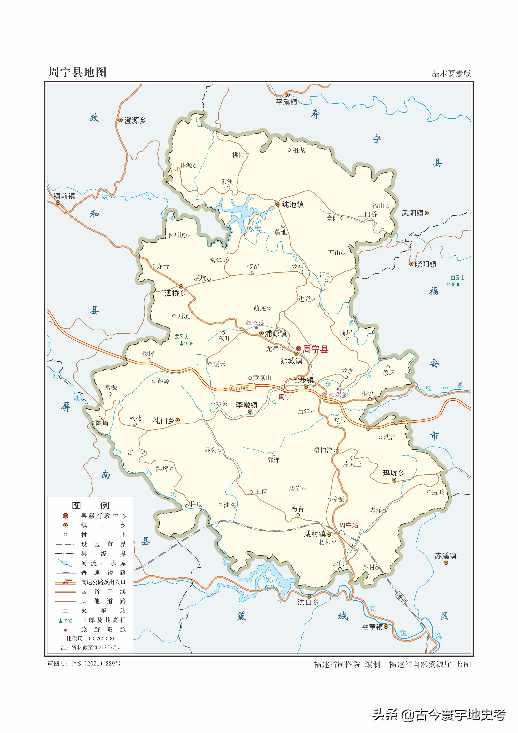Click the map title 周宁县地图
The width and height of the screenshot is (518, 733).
pos(77,72)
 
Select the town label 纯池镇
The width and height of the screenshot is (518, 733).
pos(293,204)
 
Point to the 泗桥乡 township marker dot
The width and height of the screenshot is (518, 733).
pos(181,286)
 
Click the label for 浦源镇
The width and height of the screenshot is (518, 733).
pos(276,334)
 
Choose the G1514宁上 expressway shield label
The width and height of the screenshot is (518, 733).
pos(243,388)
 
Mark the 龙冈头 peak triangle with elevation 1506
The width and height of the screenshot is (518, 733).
pos(181,344)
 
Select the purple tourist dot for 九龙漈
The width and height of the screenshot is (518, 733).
pos(338,389)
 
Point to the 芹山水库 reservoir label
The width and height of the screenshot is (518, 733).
pos(255,225)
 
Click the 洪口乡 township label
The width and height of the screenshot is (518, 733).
pos(308,602)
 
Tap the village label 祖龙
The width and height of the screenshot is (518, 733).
pos(299,150)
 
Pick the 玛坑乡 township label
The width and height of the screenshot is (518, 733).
pos(393,473)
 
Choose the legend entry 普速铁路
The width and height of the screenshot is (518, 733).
pos(103,572)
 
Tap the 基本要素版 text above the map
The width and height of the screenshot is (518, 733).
pos(451,74)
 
